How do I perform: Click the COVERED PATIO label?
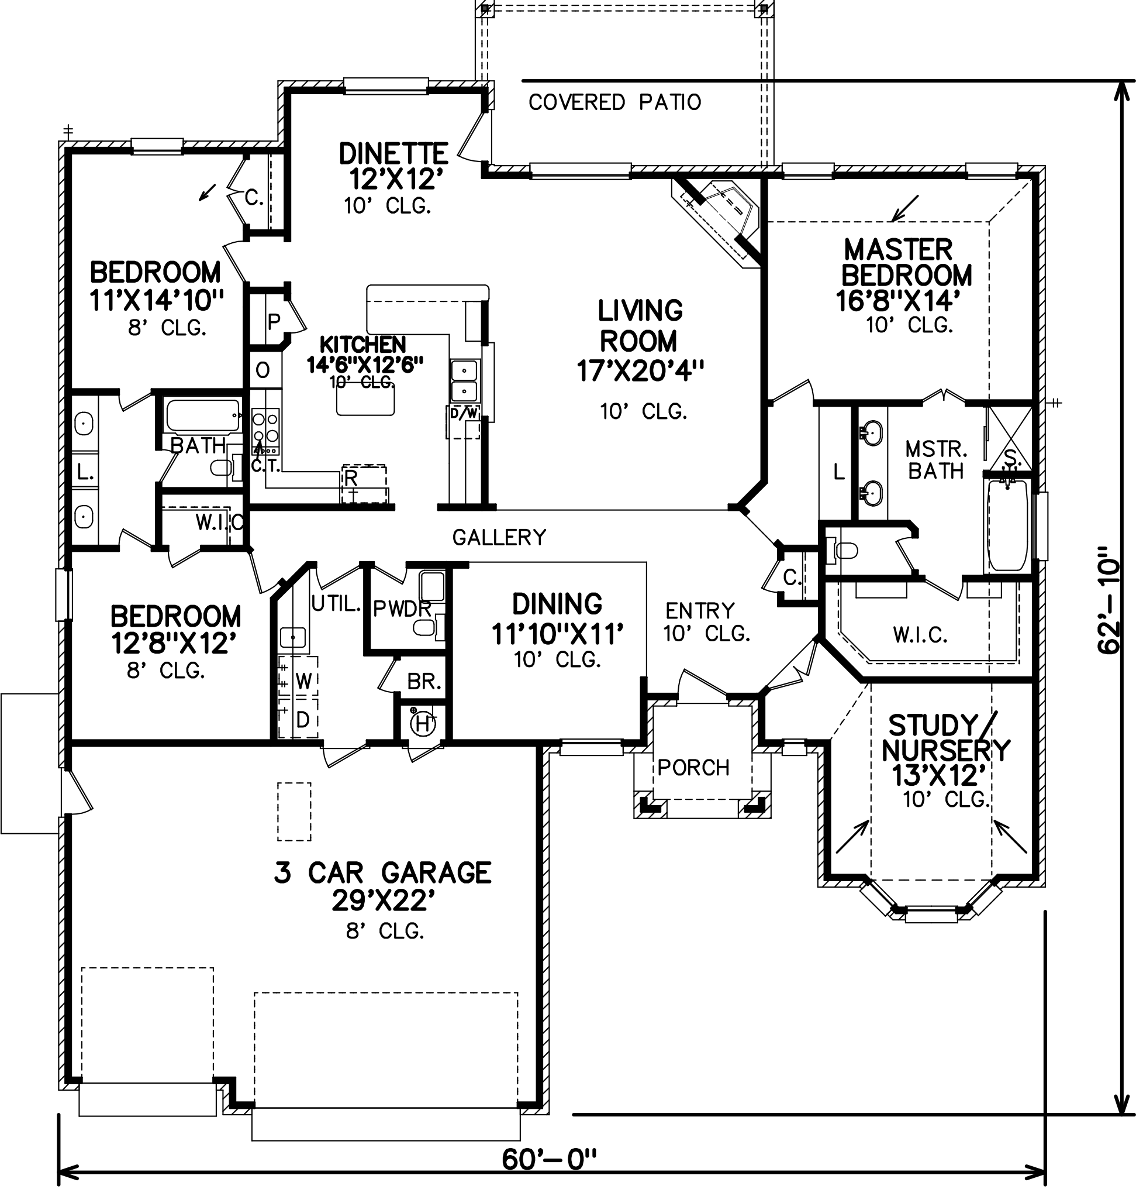click(614, 102)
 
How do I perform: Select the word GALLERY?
click(499, 537)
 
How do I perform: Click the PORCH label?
click(693, 768)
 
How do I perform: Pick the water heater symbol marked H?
click(423, 723)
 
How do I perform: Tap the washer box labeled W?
click(303, 681)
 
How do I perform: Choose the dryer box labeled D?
click(303, 720)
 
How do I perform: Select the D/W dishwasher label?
click(464, 414)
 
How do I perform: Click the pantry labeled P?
click(274, 321)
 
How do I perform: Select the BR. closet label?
click(424, 682)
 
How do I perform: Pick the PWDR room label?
click(402, 609)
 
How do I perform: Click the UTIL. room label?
click(336, 603)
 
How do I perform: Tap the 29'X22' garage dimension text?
click(384, 902)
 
